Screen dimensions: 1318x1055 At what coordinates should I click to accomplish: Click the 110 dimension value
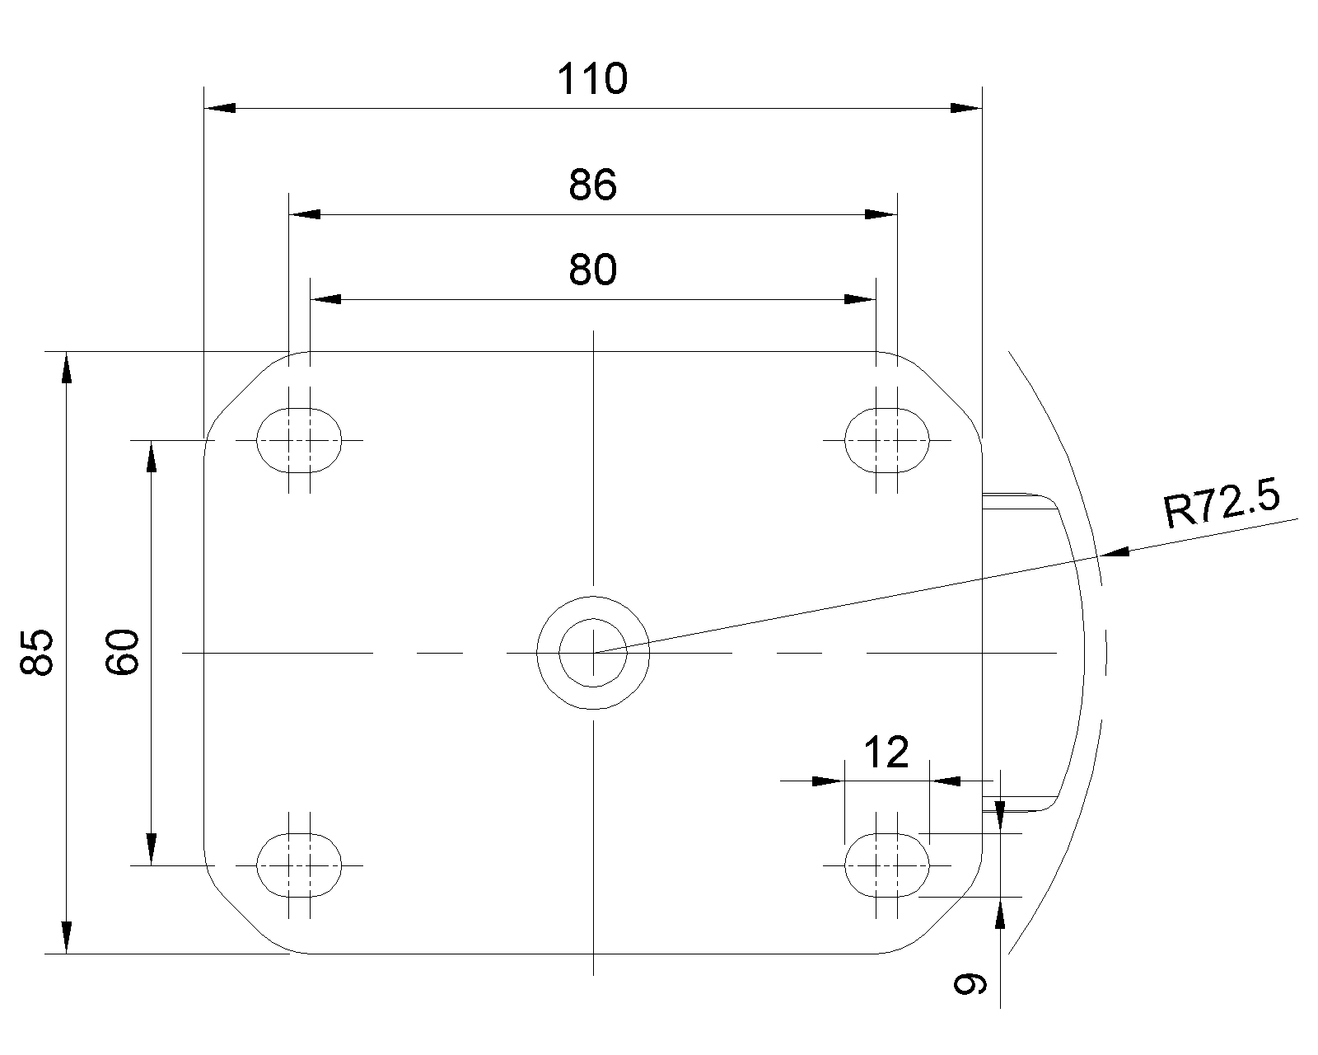[592, 79]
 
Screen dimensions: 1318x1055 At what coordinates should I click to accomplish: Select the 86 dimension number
[592, 185]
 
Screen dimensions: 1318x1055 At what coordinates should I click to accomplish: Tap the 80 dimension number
[592, 270]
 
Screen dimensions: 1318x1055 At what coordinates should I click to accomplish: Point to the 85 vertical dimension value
[37, 652]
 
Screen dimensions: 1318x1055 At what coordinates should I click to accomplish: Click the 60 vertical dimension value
[123, 652]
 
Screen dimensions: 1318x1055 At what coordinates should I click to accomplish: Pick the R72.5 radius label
[1222, 504]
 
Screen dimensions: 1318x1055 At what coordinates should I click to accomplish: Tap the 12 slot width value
[886, 753]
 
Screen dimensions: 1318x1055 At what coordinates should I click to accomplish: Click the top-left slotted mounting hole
[299, 440]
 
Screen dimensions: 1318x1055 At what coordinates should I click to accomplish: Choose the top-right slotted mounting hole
[887, 440]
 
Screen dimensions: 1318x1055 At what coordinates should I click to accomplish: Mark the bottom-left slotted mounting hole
[299, 865]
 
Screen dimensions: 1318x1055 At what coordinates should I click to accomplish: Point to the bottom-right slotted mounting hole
[887, 865]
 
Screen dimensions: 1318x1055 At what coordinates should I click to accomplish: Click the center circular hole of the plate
[593, 652]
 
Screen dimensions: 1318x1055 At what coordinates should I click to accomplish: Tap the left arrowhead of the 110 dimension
[220, 108]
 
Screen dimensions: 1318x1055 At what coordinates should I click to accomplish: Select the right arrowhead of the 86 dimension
[881, 214]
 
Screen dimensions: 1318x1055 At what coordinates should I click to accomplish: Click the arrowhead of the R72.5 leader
[1115, 551]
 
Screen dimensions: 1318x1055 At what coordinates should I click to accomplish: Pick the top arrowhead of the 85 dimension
[67, 368]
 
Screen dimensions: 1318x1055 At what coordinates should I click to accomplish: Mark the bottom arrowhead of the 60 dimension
[152, 849]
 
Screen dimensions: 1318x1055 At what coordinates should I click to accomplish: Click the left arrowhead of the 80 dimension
[326, 299]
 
